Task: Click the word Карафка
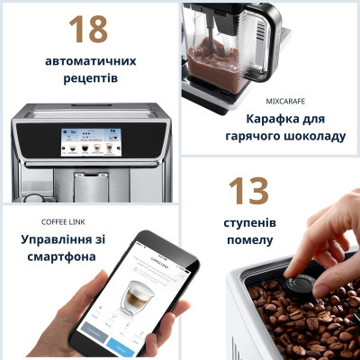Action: click(x=273, y=119)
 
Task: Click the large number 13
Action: click(x=248, y=191)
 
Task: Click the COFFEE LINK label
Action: click(x=65, y=221)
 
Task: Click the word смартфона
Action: click(x=63, y=257)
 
